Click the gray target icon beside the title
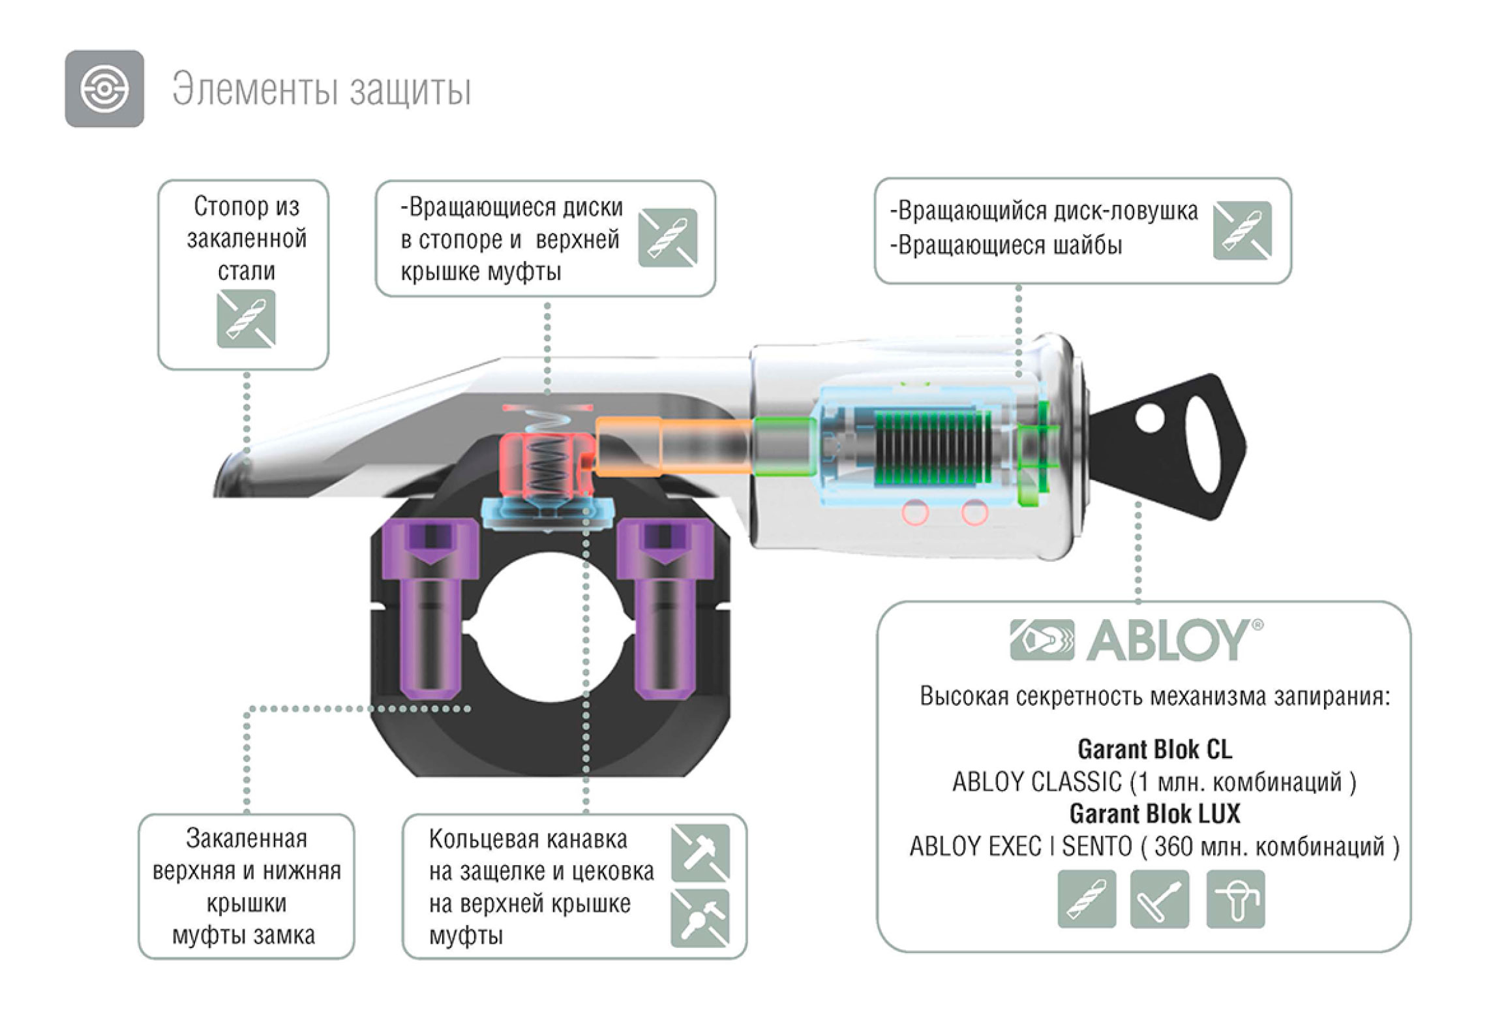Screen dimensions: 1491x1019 point(104,89)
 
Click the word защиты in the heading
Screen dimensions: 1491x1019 point(410,91)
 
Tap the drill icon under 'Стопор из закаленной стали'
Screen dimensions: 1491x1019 point(246,319)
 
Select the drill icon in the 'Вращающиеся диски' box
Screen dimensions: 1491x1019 point(668,237)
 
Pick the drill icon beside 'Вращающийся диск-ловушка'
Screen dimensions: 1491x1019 point(1242,230)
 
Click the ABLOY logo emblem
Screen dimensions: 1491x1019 point(1042,640)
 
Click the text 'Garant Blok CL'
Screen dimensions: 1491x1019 point(1154,750)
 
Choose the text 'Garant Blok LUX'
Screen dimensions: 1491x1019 point(1154,814)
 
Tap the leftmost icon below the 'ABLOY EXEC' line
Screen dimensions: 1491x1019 point(1087,899)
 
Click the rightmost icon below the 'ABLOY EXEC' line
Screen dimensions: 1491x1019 point(1235,899)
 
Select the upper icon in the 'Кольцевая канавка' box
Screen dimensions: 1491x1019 point(700,853)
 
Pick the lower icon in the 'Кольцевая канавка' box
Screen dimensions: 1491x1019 point(700,918)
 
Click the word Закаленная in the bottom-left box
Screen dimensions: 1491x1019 point(247,838)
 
